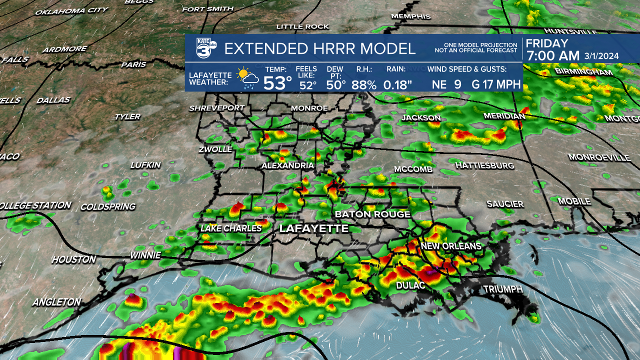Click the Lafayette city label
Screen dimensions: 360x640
[313, 228]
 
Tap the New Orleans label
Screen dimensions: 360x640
[450, 246]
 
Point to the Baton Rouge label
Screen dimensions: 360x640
[372, 214]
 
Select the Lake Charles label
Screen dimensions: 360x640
[231, 228]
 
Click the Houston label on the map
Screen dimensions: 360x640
[73, 259]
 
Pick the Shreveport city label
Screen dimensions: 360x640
[216, 108]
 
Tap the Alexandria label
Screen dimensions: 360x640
[287, 165]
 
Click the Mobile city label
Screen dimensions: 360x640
[574, 201]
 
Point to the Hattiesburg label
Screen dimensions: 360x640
[484, 165]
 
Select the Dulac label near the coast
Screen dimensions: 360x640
[410, 285]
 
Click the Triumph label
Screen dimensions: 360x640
[502, 289]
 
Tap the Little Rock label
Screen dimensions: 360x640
[302, 26]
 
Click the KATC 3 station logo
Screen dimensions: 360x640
[205, 48]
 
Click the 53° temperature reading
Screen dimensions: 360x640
[277, 83]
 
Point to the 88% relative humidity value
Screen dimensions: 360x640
[363, 84]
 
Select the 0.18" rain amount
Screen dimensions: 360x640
[397, 84]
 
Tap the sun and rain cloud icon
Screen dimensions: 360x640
[247, 78]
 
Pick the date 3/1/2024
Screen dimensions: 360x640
[601, 56]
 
